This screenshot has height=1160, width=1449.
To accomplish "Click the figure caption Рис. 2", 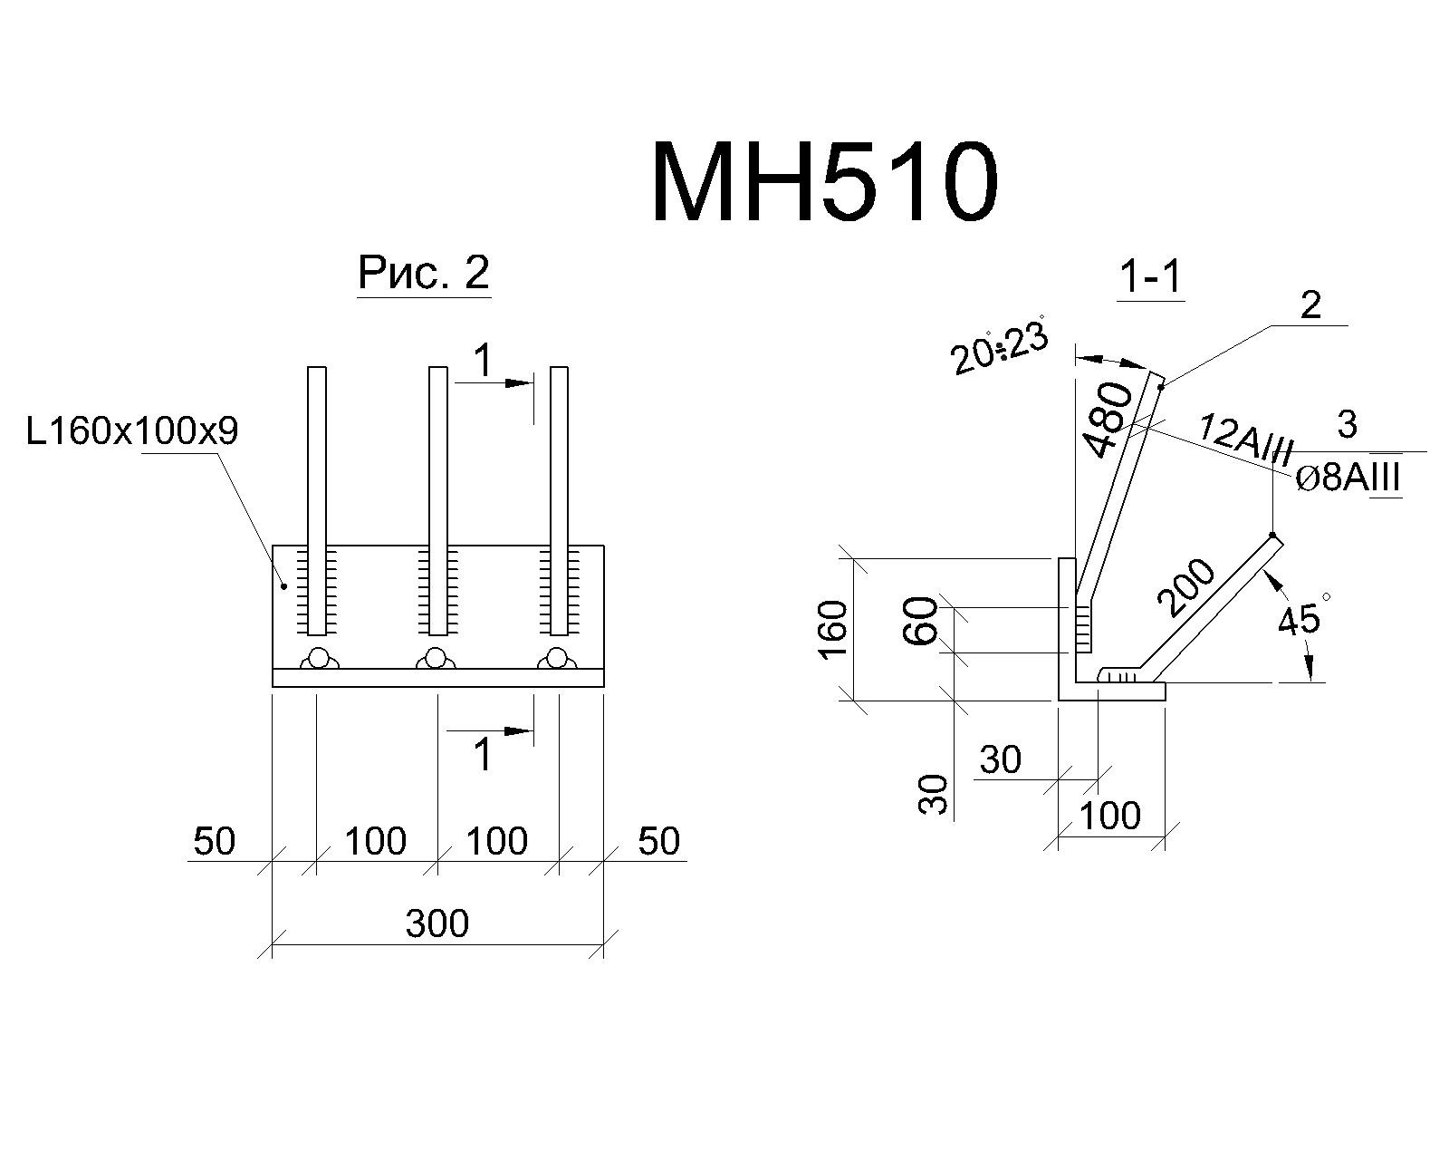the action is coord(424,273).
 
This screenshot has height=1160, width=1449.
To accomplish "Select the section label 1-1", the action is coord(1150,276).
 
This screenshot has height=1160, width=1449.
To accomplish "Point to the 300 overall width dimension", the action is coord(437,923).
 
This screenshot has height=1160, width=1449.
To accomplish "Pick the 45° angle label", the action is coord(1304,614).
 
